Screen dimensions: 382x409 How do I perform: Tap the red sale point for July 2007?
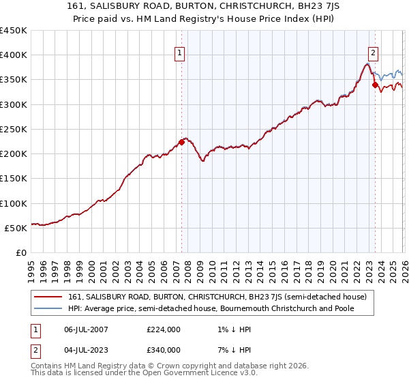(181, 142)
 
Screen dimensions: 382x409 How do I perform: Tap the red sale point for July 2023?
(375, 85)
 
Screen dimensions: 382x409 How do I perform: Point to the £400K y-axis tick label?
(14, 55)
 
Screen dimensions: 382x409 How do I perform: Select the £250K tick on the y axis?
(14, 129)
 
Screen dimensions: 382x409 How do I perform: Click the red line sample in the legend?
(48, 297)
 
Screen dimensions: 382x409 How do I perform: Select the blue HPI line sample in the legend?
(48, 309)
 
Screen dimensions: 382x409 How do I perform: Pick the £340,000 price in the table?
(164, 350)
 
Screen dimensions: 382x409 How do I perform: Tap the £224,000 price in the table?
(164, 329)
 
